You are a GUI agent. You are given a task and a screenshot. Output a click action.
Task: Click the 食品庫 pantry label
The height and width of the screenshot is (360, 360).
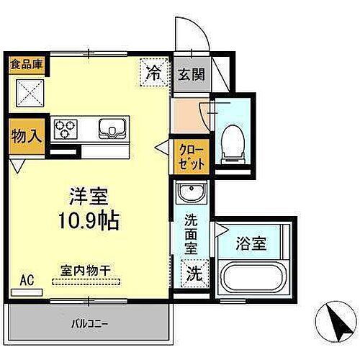(27, 63)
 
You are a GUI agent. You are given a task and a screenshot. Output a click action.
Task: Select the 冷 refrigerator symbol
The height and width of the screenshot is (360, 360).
(153, 72)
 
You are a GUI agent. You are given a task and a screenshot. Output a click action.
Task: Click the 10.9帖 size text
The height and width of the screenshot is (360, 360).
(89, 219)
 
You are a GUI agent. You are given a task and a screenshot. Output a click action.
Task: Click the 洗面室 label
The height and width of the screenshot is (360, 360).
(191, 235)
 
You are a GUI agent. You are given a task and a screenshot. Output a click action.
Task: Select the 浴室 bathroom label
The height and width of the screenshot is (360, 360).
(251, 243)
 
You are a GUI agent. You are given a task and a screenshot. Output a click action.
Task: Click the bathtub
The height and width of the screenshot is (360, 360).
(253, 276)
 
